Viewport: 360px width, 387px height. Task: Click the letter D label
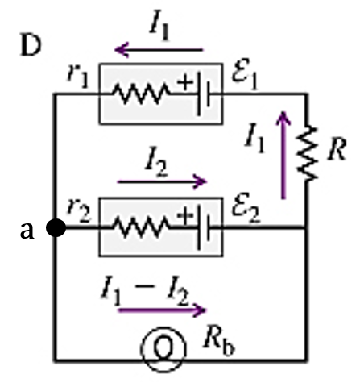click(x=31, y=46)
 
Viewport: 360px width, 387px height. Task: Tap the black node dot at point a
click(x=56, y=228)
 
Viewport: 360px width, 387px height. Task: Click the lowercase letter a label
click(x=27, y=231)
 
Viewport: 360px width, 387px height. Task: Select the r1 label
click(x=77, y=76)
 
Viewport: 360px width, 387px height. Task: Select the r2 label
click(x=79, y=210)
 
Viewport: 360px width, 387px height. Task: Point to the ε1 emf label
click(x=245, y=74)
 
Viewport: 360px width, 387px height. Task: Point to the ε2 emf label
click(x=246, y=207)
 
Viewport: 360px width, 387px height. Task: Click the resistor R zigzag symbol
click(x=307, y=152)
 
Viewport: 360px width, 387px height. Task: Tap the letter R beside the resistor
click(x=337, y=149)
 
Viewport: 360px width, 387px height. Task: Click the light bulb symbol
click(x=163, y=349)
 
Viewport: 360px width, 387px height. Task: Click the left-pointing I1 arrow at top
click(x=159, y=50)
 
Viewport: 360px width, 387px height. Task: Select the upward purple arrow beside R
click(x=283, y=155)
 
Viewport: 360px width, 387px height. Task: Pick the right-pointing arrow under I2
click(x=162, y=182)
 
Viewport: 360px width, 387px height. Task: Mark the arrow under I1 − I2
click(x=162, y=310)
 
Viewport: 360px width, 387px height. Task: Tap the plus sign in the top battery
click(x=185, y=82)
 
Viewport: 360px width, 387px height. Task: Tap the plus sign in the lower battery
click(x=185, y=215)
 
